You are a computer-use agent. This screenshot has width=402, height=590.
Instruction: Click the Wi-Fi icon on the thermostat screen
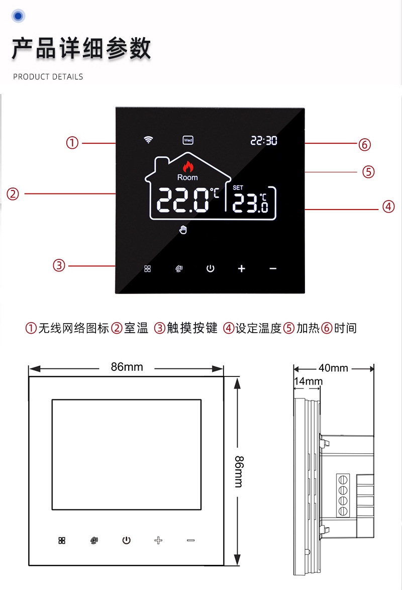click(x=148, y=140)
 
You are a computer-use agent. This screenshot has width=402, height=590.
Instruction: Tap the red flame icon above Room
click(x=187, y=166)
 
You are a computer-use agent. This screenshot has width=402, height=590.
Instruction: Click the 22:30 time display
click(x=264, y=141)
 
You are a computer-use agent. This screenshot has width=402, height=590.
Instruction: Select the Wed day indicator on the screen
click(x=188, y=140)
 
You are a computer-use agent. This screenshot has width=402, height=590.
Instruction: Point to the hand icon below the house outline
click(x=183, y=230)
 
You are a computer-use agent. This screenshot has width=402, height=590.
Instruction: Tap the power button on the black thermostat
click(x=210, y=268)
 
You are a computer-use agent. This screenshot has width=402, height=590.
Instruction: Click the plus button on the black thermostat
click(x=242, y=268)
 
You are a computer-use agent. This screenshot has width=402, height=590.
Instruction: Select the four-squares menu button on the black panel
click(x=148, y=268)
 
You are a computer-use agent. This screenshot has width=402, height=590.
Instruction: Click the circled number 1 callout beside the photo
click(x=73, y=143)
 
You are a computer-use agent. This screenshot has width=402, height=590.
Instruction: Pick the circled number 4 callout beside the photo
click(x=388, y=207)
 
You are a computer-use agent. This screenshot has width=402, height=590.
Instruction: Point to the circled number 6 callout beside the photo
click(x=364, y=145)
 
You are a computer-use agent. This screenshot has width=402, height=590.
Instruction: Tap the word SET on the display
click(x=238, y=187)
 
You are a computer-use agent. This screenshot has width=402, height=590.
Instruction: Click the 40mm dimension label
click(x=333, y=368)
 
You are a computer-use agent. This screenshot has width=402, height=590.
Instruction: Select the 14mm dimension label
click(x=308, y=381)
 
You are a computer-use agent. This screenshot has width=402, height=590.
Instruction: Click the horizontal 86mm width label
click(x=127, y=367)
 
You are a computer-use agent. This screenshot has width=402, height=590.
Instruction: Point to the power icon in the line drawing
click(x=127, y=541)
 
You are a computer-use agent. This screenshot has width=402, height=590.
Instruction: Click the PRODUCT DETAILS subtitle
click(x=48, y=77)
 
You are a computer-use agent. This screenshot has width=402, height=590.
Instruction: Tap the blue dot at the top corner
click(x=18, y=17)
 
